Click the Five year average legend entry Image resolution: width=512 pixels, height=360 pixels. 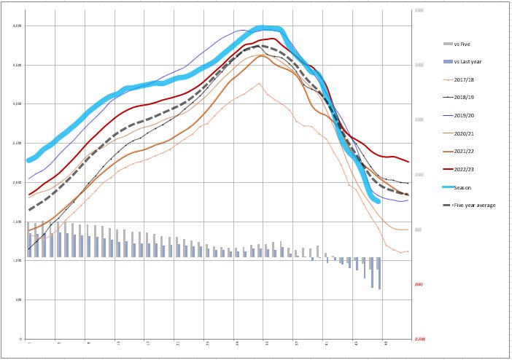pos(474,206)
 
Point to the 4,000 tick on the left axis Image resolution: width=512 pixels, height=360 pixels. pos(18,26)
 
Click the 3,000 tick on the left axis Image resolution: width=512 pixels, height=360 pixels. pos(18,104)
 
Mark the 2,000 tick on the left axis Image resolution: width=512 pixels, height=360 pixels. pos(18,182)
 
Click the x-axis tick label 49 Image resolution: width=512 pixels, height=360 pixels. pos(385,343)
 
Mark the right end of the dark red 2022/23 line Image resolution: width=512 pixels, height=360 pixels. pos(408,162)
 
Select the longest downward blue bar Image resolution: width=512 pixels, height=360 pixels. pos(380,273)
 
